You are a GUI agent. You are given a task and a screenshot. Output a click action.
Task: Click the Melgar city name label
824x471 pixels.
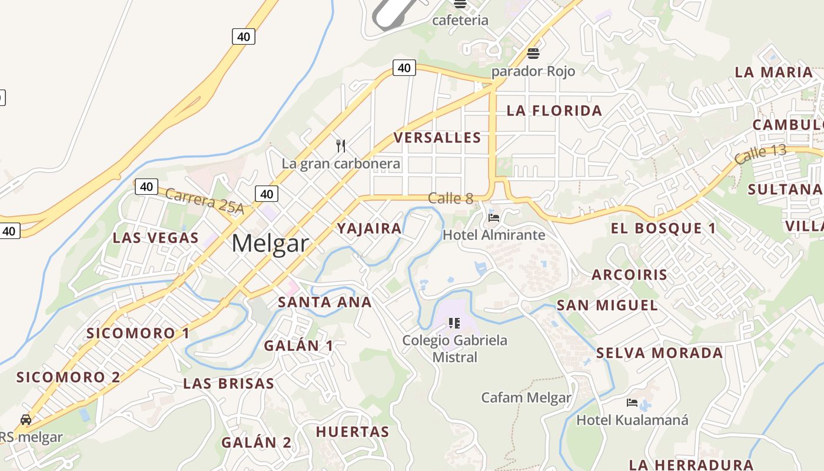click(270, 243)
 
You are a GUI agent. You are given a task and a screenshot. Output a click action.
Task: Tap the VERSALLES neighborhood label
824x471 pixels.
click(437, 138)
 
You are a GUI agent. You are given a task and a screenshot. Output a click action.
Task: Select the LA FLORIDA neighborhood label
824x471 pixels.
click(554, 111)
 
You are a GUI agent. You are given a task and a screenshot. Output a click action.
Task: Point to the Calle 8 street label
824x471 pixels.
click(450, 198)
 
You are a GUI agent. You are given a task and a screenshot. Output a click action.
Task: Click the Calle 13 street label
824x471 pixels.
click(760, 154)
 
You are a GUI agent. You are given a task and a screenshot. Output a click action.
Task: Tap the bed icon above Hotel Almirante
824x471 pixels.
click(494, 218)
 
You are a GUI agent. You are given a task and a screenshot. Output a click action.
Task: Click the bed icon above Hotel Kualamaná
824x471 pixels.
click(632, 403)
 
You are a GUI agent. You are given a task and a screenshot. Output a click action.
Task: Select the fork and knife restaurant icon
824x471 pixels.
click(341, 145)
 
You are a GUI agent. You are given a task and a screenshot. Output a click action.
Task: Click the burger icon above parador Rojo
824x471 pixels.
click(533, 54)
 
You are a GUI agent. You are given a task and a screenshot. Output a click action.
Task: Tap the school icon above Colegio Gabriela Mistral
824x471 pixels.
click(454, 323)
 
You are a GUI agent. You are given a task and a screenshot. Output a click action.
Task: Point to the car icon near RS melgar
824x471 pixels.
click(26, 420)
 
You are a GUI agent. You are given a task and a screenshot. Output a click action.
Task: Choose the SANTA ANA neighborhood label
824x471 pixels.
click(324, 303)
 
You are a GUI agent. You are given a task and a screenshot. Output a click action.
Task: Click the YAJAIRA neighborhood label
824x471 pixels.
click(369, 228)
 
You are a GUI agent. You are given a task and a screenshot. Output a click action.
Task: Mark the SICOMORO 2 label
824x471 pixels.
click(68, 377)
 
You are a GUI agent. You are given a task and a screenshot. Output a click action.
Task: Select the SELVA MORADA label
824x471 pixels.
click(659, 353)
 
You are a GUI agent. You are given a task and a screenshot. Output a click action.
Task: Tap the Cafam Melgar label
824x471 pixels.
click(526, 397)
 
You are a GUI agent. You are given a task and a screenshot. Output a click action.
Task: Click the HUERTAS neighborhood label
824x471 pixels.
click(353, 432)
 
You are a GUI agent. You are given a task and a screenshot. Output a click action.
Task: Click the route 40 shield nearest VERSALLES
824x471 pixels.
click(404, 68)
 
